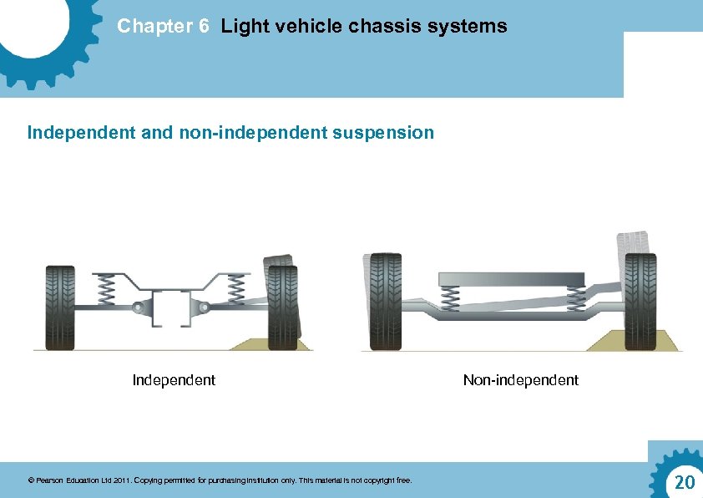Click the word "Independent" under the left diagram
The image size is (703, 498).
(x=174, y=380)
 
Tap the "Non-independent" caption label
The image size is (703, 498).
(x=520, y=380)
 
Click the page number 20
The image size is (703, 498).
(x=684, y=482)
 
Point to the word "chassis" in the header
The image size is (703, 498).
(x=379, y=27)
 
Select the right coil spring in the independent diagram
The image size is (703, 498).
(x=236, y=289)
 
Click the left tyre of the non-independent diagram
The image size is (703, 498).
(x=384, y=301)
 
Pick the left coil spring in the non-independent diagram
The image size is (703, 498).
(x=450, y=297)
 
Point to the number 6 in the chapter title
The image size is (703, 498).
(x=204, y=27)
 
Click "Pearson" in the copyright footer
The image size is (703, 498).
(x=50, y=480)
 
